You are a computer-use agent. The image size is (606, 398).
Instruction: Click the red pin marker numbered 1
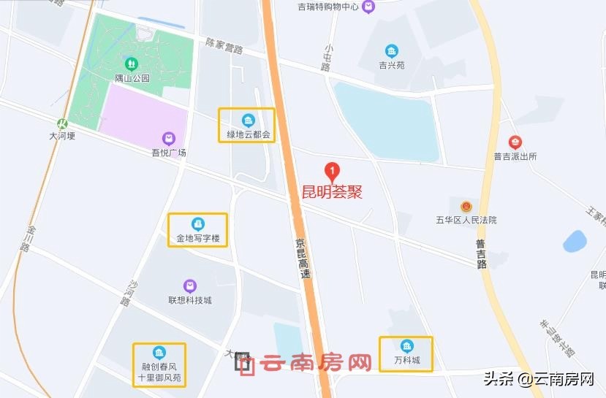[333, 172]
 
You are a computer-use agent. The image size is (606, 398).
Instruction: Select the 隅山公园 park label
[132, 77]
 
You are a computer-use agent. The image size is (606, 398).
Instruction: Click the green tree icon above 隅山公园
[132, 64]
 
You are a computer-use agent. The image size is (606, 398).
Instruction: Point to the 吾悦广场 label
[169, 153]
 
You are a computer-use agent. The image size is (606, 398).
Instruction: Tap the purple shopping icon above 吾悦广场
[169, 138]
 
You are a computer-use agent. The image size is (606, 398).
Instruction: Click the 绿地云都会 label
[248, 135]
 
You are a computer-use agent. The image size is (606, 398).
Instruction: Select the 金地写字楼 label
[197, 238]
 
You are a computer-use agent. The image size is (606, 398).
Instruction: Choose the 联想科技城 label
[190, 300]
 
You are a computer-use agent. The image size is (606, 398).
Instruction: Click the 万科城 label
[407, 361]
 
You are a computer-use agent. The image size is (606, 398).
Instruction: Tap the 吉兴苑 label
[392, 65]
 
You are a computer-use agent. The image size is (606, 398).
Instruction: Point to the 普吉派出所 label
[515, 156]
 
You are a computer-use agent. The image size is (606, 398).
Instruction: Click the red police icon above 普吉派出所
[515, 142]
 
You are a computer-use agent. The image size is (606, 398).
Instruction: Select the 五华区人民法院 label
[466, 220]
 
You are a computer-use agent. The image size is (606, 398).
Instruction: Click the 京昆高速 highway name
[303, 259]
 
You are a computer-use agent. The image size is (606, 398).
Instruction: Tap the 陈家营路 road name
[224, 47]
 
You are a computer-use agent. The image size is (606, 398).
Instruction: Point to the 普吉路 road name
[481, 253]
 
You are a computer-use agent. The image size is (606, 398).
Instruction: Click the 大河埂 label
[62, 136]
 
